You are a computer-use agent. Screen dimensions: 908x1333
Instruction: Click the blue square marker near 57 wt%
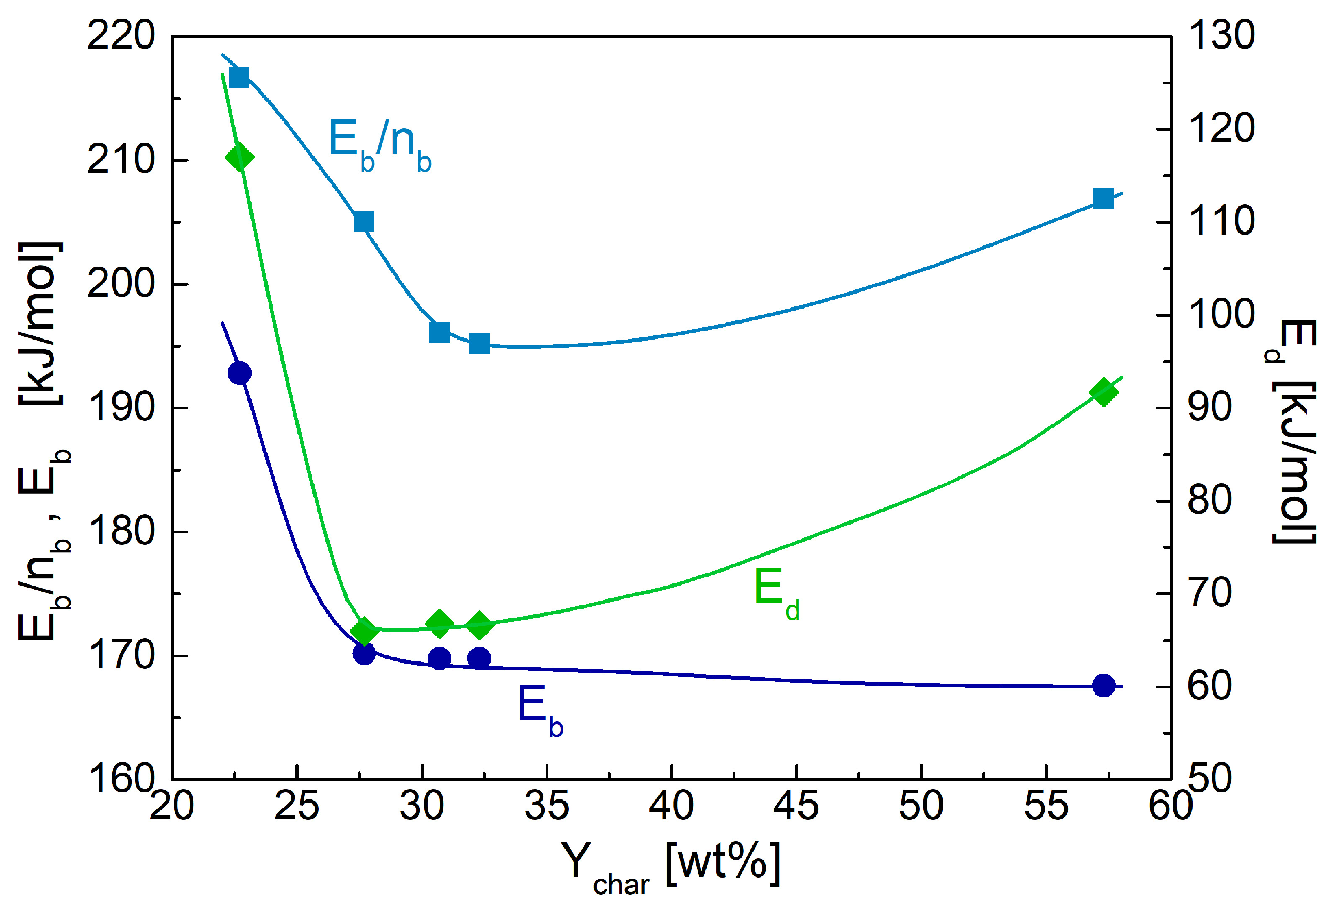(x=1103, y=198)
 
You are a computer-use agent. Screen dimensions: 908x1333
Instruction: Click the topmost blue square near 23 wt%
(x=239, y=77)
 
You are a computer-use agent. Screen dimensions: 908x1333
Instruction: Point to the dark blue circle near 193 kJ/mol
(x=239, y=374)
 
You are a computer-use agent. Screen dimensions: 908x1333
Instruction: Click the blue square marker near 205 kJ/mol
(x=364, y=221)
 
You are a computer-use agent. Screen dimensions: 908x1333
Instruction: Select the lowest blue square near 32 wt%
(x=479, y=344)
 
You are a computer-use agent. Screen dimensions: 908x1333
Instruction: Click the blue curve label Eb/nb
(x=379, y=144)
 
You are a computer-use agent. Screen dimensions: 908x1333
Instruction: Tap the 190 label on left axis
(x=121, y=408)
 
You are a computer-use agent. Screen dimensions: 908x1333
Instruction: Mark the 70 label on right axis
(x=1209, y=593)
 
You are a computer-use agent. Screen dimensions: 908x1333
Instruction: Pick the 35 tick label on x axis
(x=546, y=806)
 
